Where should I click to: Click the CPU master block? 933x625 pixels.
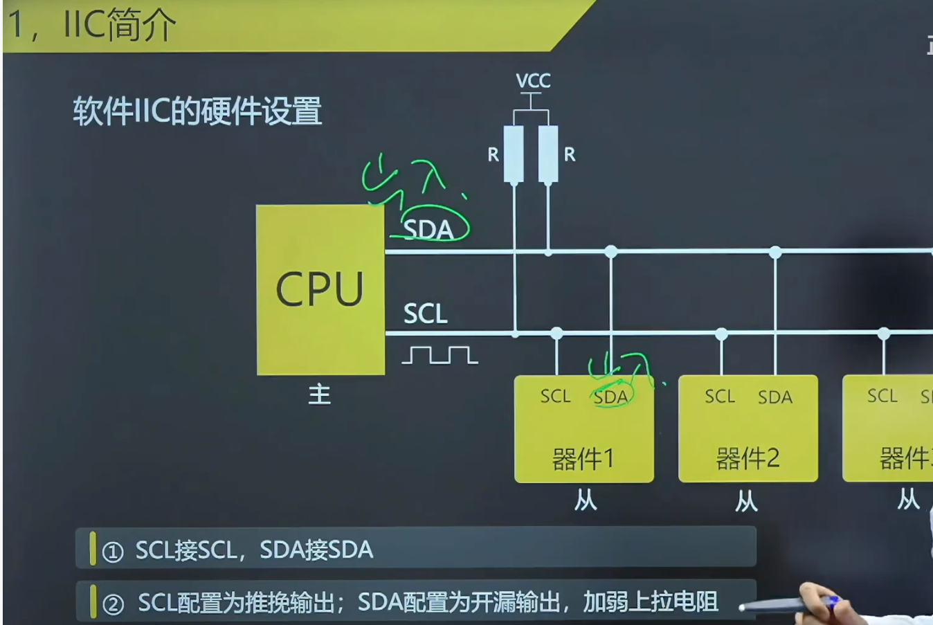[320, 289]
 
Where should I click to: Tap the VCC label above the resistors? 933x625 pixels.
[533, 81]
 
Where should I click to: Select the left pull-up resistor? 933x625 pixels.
[514, 154]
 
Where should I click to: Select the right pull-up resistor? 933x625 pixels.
[548, 154]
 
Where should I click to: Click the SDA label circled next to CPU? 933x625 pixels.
[428, 229]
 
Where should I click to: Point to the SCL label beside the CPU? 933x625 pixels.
[425, 314]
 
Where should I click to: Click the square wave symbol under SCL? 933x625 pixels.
[440, 355]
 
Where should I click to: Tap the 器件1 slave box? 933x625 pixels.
[583, 429]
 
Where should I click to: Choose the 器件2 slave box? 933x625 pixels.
[748, 429]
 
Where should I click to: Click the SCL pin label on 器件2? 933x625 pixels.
[720, 397]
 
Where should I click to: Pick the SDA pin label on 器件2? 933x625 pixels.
[775, 397]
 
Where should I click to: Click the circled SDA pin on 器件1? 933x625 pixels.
[610, 397]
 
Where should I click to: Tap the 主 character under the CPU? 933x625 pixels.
[319, 395]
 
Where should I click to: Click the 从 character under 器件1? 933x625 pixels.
[585, 500]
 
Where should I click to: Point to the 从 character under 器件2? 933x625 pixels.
[746, 500]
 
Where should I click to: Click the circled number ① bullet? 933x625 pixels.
[113, 552]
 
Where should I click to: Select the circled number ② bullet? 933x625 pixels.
[113, 604]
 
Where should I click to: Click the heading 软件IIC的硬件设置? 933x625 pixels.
[197, 111]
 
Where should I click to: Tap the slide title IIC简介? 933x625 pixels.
[119, 25]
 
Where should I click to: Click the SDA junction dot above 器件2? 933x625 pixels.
[775, 252]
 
